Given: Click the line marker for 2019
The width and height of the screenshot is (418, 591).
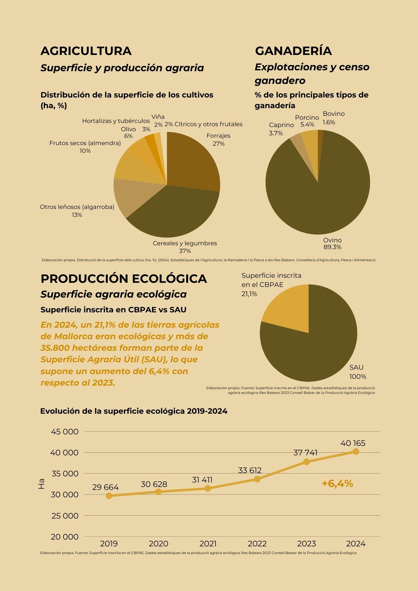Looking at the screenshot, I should [109, 496].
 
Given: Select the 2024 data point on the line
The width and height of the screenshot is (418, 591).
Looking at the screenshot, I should [356, 452].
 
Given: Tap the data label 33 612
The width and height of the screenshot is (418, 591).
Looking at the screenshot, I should [250, 470].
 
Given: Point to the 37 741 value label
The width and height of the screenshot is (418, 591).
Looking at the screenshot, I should [305, 452].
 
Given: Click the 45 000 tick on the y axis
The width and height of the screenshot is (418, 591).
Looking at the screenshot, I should [65, 431].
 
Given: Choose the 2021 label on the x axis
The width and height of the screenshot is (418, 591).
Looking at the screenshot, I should [208, 543].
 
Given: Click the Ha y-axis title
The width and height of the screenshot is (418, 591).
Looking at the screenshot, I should [42, 484].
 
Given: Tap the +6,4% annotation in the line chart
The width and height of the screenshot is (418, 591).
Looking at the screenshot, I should [337, 483].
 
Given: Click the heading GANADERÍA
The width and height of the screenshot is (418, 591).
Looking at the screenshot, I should [293, 51].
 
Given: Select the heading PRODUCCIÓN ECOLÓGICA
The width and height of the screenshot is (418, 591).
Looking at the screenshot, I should [124, 279].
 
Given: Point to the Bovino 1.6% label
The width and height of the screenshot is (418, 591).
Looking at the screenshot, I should [333, 118].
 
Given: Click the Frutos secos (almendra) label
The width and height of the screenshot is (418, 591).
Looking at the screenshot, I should [85, 147].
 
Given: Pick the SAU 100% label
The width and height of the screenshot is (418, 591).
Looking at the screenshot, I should [357, 372].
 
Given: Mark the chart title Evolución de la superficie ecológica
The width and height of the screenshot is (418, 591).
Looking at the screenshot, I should [134, 411].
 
